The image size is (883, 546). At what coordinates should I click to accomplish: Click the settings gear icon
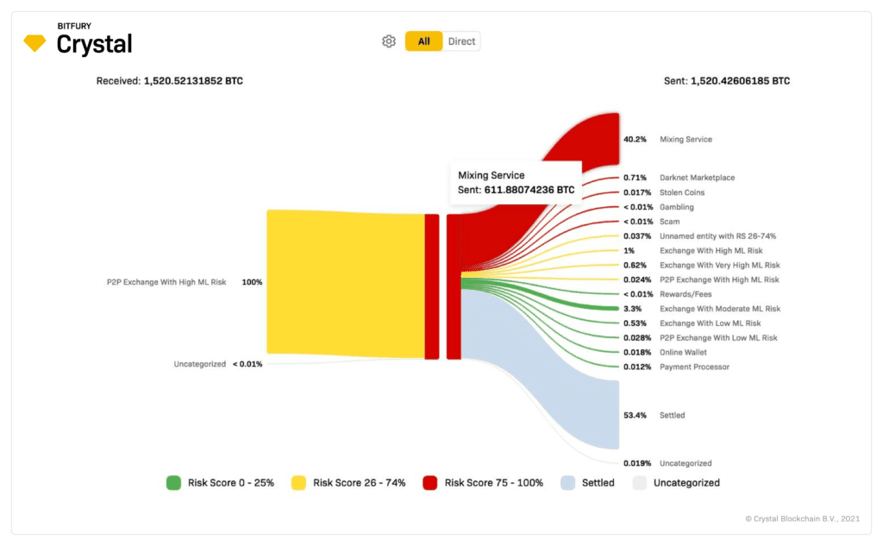pyautogui.click(x=389, y=41)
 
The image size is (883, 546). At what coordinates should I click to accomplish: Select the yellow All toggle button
pyautogui.click(x=423, y=41)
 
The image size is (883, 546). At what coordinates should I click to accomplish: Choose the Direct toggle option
pyautogui.click(x=461, y=41)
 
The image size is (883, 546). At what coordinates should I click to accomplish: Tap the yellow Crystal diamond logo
pyautogui.click(x=34, y=43)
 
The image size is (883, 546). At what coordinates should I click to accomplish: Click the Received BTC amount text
pyautogui.click(x=170, y=81)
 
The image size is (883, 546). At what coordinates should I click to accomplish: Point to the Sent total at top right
pyautogui.click(x=726, y=81)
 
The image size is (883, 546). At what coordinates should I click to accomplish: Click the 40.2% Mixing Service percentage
pyautogui.click(x=635, y=139)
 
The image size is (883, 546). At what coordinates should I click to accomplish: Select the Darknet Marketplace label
pyautogui.click(x=697, y=178)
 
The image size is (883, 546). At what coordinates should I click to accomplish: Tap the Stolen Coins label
pyautogui.click(x=682, y=192)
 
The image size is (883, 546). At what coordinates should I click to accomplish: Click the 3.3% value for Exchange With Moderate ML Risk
pyautogui.click(x=632, y=309)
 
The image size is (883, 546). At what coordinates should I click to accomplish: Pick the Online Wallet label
pyautogui.click(x=683, y=352)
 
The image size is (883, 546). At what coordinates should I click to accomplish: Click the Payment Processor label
pyautogui.click(x=694, y=367)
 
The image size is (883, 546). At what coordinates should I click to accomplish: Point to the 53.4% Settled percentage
pyautogui.click(x=635, y=415)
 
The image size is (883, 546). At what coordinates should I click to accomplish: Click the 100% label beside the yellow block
pyautogui.click(x=252, y=282)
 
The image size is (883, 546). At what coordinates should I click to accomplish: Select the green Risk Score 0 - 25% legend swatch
pyautogui.click(x=173, y=483)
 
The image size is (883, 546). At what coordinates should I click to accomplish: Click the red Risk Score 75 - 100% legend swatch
pyautogui.click(x=430, y=483)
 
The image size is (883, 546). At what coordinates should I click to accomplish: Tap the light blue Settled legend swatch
pyautogui.click(x=567, y=483)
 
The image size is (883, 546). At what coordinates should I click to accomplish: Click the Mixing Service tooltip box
pyautogui.click(x=516, y=183)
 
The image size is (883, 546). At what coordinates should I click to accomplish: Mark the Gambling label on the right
pyautogui.click(x=676, y=207)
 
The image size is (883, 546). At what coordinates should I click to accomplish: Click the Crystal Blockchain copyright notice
pyautogui.click(x=803, y=518)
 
